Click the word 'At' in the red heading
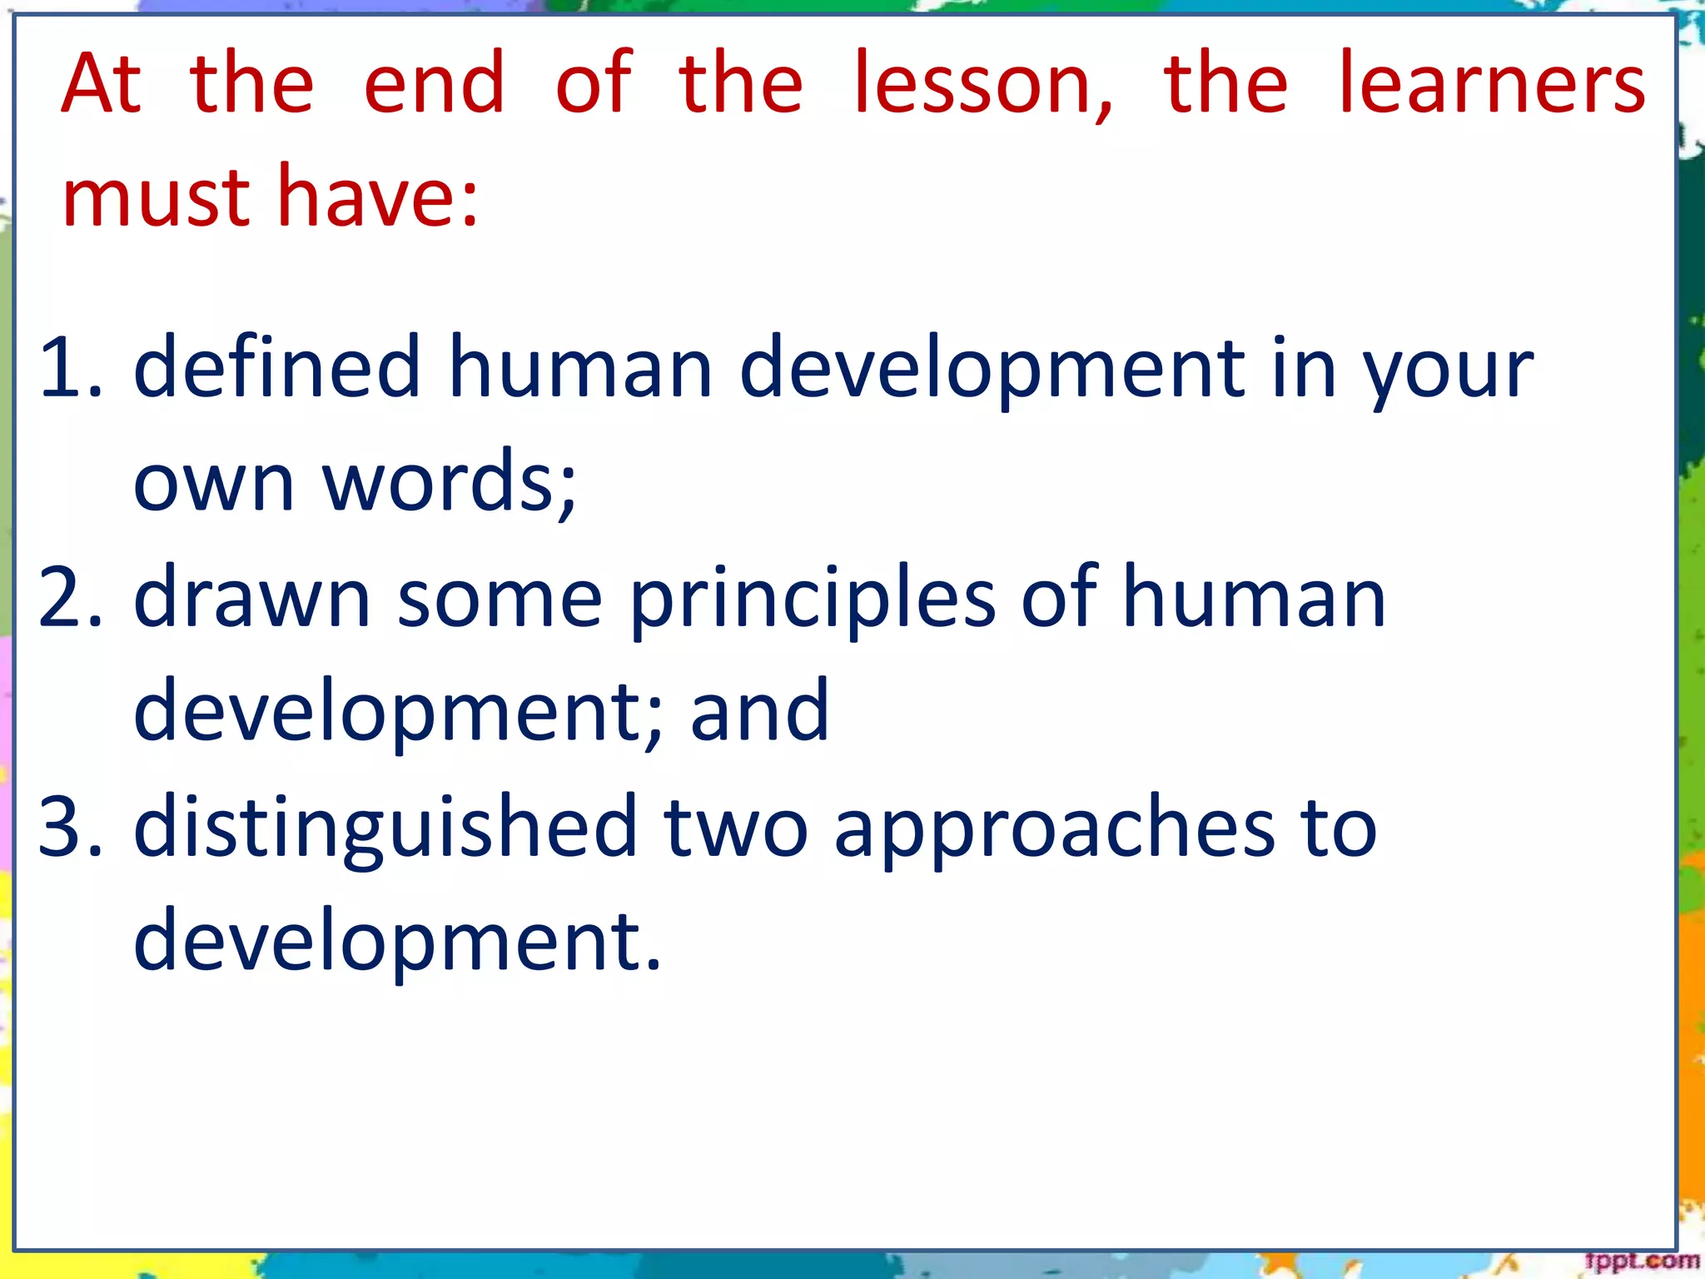tap(101, 84)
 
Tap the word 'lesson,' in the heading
tap(983, 84)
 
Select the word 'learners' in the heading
tap(1492, 84)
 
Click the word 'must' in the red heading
tap(157, 198)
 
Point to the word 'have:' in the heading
tap(379, 198)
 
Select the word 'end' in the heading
tap(435, 84)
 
